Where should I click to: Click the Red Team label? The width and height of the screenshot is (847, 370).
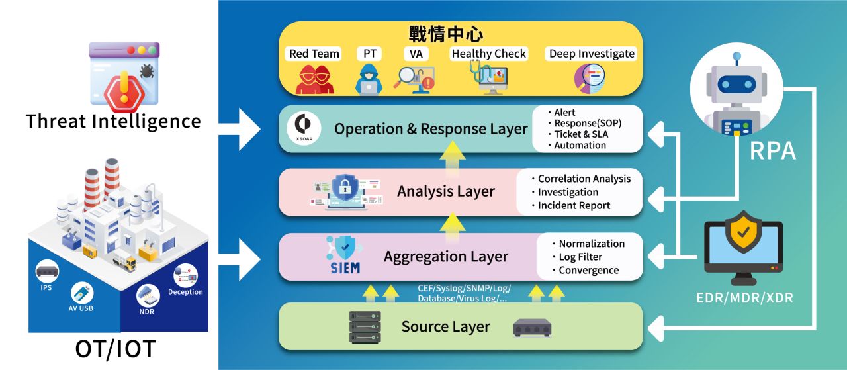point(314,54)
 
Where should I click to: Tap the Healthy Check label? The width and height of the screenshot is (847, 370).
point(488,54)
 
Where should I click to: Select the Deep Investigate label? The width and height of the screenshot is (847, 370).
point(592,54)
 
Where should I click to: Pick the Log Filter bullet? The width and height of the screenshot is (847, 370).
point(580,257)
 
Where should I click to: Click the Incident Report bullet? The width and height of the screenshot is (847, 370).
point(574,205)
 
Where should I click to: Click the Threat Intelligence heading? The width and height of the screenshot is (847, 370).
point(113,121)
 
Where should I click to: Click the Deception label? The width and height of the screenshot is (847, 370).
point(185,292)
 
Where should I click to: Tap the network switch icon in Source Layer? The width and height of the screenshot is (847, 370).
point(532,327)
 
